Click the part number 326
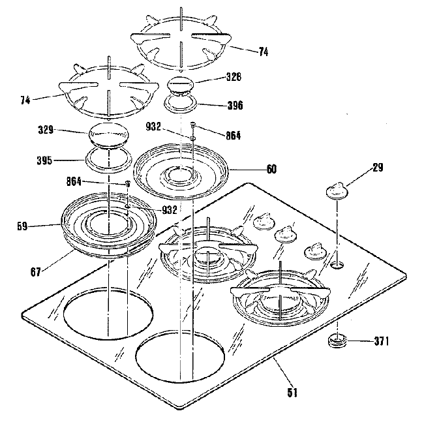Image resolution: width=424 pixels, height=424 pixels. tap(234, 77)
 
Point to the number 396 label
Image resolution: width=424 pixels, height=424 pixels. tap(234, 104)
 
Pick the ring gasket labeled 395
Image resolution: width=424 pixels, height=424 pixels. tap(106, 158)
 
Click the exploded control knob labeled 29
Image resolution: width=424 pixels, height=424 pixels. tap(337, 190)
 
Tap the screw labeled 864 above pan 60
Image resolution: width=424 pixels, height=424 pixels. tap(194, 124)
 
